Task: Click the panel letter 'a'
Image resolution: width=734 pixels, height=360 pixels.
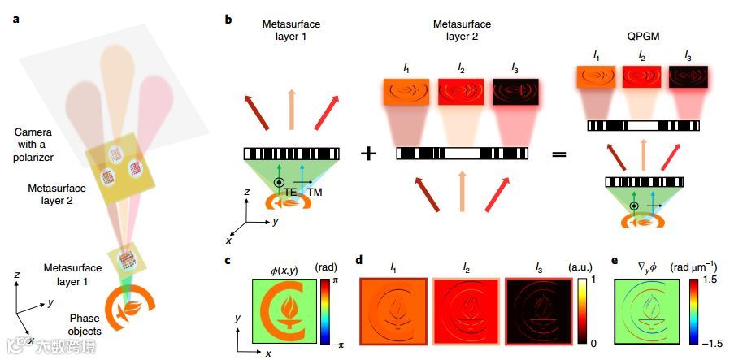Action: [16, 17]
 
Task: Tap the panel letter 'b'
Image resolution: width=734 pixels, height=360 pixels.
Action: [230, 17]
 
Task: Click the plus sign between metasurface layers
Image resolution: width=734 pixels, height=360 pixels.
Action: [368, 154]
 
